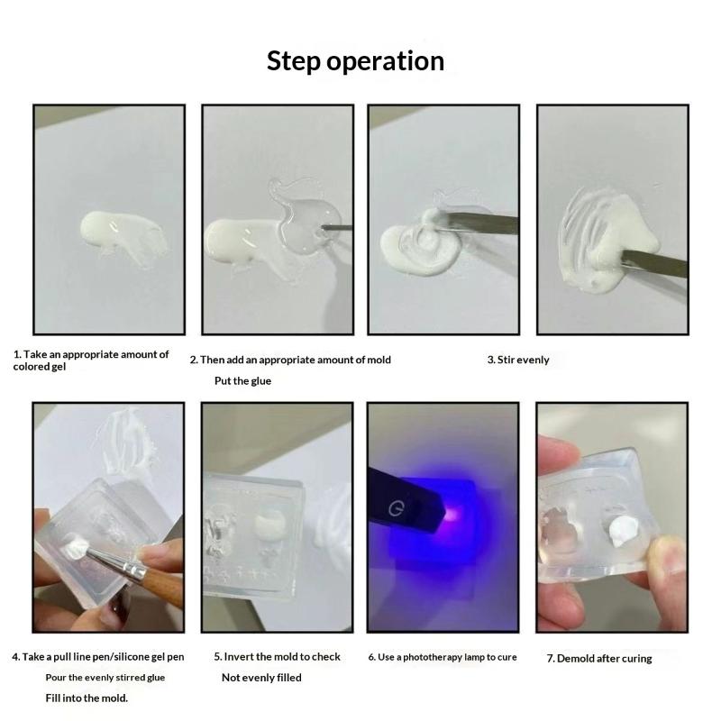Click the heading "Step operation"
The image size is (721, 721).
point(355,61)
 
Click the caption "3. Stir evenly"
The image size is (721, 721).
point(518,360)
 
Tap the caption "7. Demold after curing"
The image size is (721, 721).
point(599,659)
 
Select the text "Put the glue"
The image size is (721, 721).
point(242,380)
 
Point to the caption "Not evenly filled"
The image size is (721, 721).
point(261,678)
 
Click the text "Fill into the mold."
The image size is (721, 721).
point(87,698)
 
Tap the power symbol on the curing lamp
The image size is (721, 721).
point(396,508)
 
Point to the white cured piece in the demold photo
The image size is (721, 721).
point(622,530)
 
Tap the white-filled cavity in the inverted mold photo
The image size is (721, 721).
point(269,524)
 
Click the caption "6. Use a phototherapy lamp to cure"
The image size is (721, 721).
point(443,657)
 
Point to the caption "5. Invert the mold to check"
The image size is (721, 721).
point(278,657)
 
